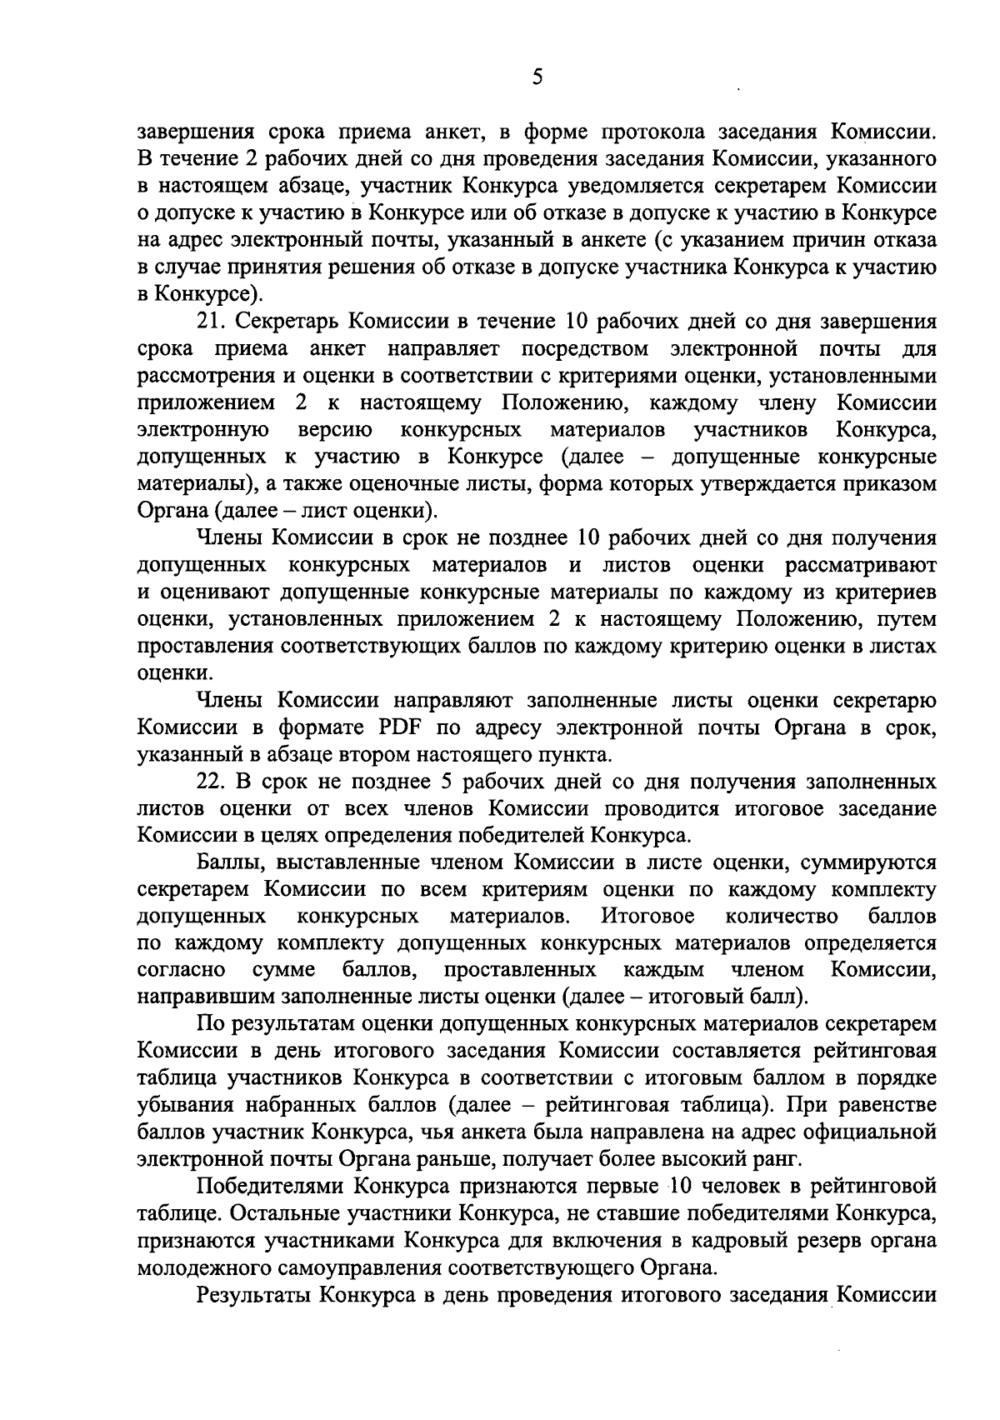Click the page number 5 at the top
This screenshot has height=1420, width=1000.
pos(537,77)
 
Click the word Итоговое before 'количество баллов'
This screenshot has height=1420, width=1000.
pos(647,917)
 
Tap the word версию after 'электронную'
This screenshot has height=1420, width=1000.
pos(334,430)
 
